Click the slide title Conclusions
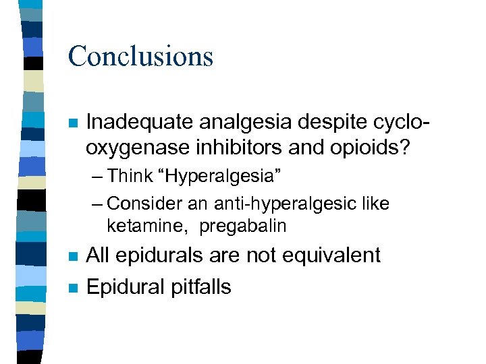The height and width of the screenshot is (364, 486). [x=140, y=56]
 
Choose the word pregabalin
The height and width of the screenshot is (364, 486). [x=244, y=226]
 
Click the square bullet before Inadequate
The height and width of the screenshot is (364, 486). [x=74, y=123]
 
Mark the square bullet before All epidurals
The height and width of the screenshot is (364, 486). [x=74, y=257]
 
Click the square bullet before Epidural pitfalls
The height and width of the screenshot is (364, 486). [x=74, y=287]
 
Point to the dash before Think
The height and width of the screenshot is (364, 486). [x=97, y=177]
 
